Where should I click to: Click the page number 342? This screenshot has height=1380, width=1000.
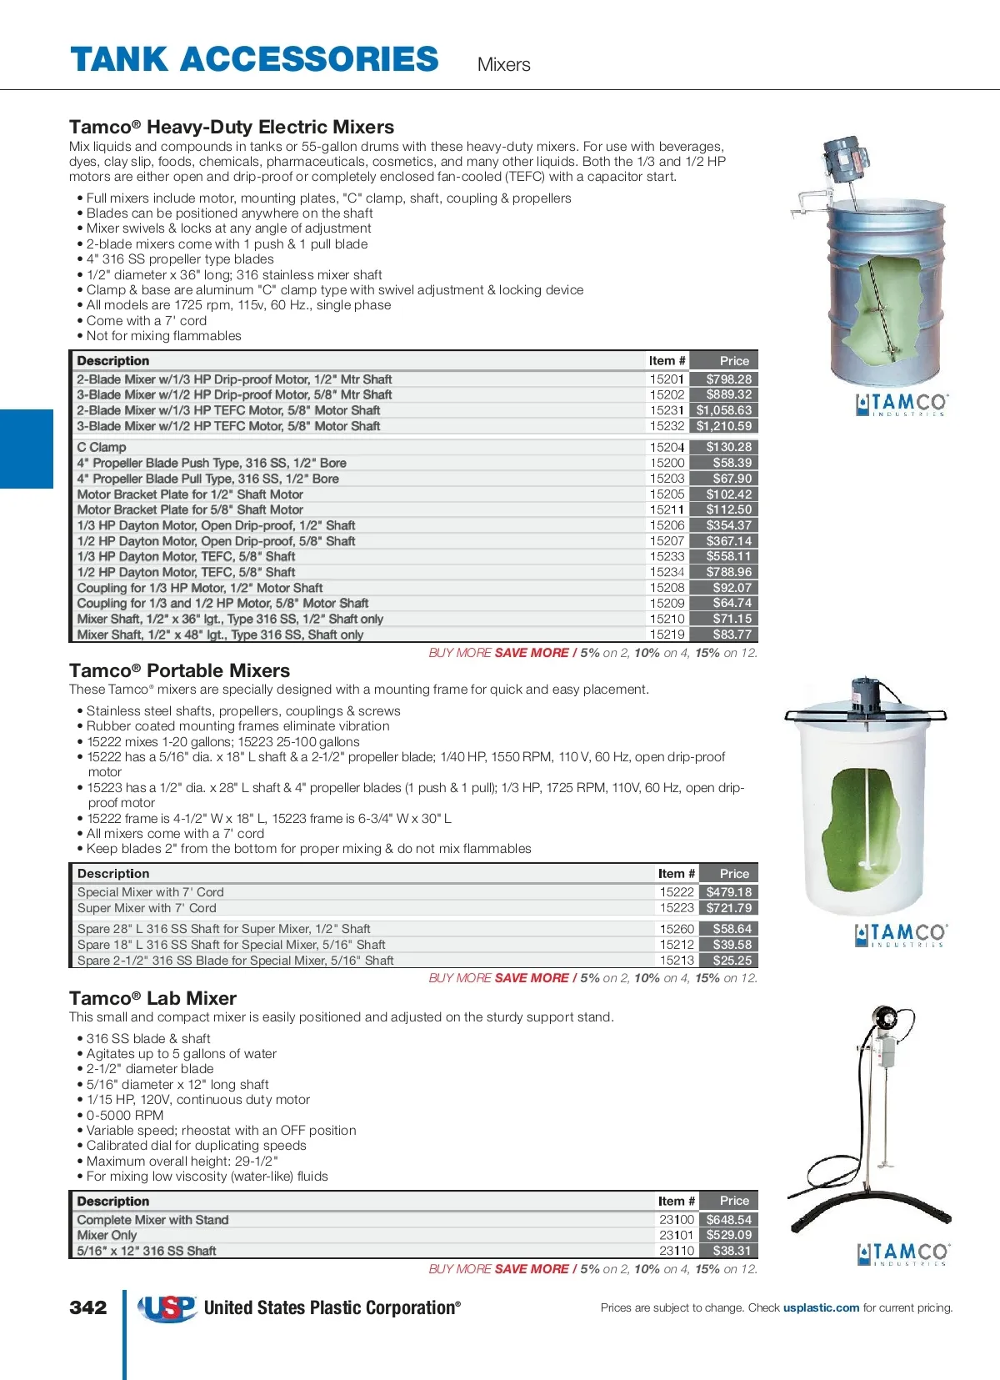[88, 1307]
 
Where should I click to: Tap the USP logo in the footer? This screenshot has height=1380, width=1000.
[167, 1308]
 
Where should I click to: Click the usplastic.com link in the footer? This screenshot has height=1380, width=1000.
[821, 1307]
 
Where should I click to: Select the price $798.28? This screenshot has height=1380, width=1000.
[728, 379]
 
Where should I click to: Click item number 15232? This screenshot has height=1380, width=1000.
[667, 426]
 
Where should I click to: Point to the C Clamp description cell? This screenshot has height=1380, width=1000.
[102, 448]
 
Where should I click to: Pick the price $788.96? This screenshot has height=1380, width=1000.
[728, 572]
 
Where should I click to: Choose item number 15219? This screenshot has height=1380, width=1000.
[667, 635]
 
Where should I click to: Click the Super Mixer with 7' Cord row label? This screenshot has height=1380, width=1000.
[147, 908]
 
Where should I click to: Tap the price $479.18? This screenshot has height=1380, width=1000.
[728, 892]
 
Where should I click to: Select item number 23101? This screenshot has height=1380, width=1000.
[676, 1235]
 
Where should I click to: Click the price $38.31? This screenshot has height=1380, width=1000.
[732, 1251]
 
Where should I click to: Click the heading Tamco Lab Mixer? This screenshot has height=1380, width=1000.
[152, 998]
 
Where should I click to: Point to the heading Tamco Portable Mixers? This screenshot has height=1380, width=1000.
[179, 670]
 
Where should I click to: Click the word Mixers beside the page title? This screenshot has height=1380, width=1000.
[503, 64]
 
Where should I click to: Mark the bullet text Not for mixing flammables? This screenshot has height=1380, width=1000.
[163, 336]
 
